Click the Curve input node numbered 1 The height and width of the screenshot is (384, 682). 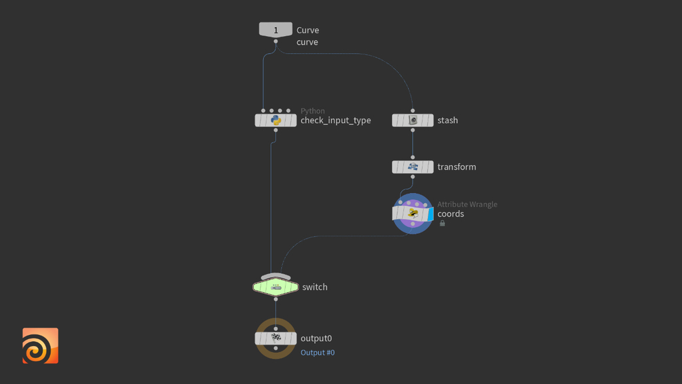[276, 30]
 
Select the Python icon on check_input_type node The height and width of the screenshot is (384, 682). [276, 120]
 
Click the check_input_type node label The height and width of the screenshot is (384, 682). [335, 120]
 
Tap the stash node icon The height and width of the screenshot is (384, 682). [413, 120]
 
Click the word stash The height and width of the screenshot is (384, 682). [447, 120]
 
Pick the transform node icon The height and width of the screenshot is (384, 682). [413, 167]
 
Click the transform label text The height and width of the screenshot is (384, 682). [457, 167]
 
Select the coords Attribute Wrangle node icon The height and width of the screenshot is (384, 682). [413, 214]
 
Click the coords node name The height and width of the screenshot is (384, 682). [451, 214]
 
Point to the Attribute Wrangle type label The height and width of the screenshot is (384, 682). [467, 204]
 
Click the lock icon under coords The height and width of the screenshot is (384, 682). [442, 224]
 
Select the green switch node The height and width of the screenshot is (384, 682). [276, 287]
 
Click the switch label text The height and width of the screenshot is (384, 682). [315, 287]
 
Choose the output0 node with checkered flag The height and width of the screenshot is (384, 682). [276, 338]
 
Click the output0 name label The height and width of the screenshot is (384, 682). [316, 338]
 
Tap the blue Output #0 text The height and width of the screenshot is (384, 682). [318, 353]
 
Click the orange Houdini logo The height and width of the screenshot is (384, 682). [40, 346]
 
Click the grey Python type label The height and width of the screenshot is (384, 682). [312, 111]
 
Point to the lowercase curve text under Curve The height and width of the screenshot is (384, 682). [307, 42]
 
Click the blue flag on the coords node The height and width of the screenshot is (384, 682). [430, 215]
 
